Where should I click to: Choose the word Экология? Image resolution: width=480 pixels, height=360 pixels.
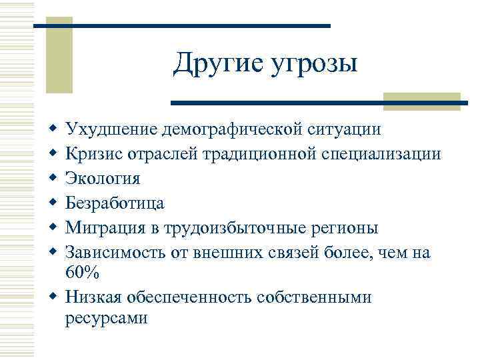tap(103, 179)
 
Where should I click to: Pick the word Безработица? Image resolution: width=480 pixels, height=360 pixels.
tap(115, 203)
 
